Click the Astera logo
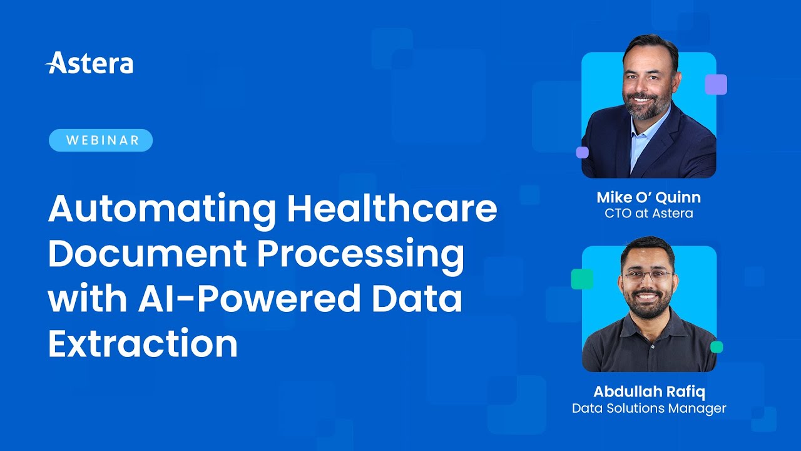point(89,63)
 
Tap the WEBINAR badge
point(101,140)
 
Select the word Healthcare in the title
point(392,209)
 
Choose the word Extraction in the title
point(143,344)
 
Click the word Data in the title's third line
point(413,299)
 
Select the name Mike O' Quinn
point(648,197)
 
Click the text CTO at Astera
point(648,214)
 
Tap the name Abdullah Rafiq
point(648,392)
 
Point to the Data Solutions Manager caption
point(648,408)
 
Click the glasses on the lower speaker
point(647,275)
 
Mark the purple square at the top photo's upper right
point(716,85)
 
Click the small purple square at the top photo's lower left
point(582,152)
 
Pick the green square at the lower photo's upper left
point(582,279)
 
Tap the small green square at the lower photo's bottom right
point(717,347)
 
